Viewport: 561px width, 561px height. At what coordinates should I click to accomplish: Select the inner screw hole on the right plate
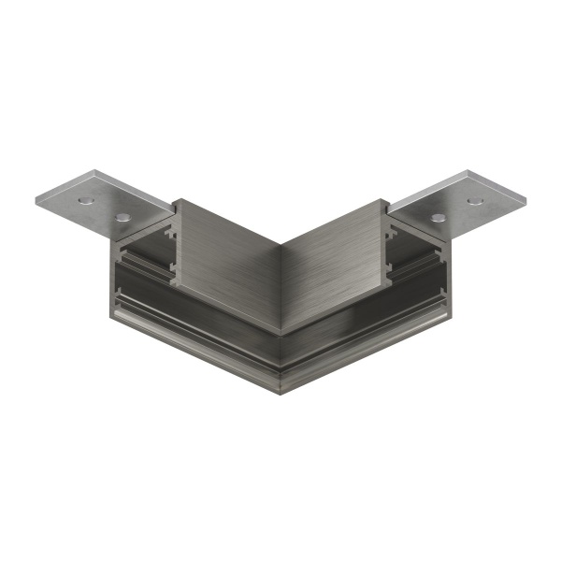[439, 218]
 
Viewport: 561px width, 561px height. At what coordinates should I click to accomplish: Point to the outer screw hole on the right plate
[474, 200]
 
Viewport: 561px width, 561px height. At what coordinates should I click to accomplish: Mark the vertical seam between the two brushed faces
[280, 280]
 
